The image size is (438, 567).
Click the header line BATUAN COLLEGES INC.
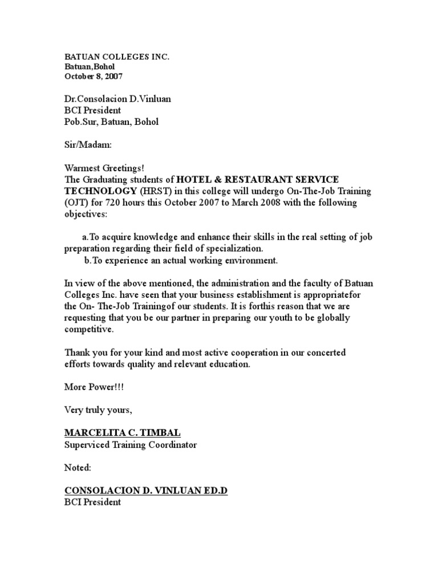(117, 58)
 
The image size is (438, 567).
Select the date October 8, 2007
(93, 76)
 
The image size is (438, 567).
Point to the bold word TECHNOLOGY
(102, 191)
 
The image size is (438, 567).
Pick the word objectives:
(84, 214)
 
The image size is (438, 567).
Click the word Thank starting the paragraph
(76, 353)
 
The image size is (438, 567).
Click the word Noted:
(77, 468)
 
